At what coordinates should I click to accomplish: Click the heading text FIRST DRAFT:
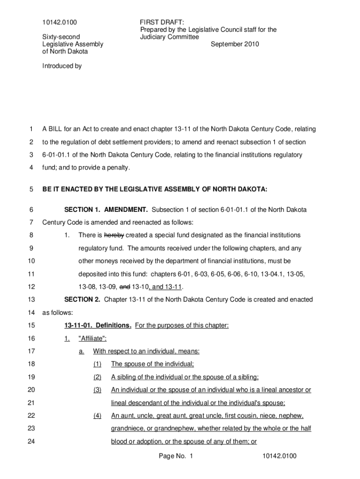162,22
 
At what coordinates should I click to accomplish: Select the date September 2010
235,44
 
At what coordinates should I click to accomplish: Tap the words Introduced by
62,66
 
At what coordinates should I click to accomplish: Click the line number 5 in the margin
30,189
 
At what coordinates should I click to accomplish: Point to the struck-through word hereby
114,235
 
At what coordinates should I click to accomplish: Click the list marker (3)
97,390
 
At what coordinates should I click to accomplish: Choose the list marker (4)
97,415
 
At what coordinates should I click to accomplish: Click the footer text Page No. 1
176,456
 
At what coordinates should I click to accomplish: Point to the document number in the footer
280,456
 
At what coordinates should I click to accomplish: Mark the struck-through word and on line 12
125,286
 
